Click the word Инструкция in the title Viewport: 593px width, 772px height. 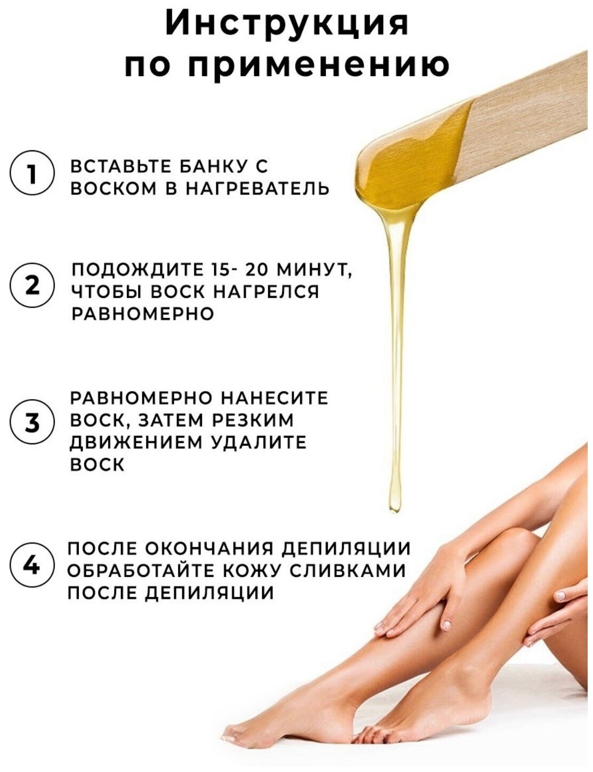287,23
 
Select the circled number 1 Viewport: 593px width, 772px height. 32,173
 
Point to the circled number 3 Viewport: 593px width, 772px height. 32,422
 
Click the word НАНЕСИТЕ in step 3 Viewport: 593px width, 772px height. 274,398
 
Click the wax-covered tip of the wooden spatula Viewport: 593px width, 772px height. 412,160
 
